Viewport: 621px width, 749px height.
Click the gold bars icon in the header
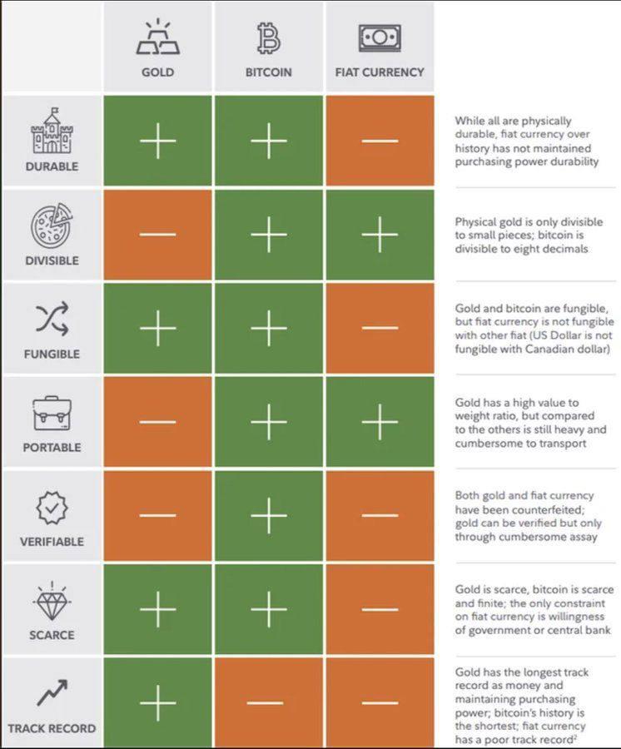(x=157, y=38)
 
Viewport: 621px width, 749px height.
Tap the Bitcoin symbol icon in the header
(x=268, y=38)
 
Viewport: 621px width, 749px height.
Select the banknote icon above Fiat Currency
(x=380, y=37)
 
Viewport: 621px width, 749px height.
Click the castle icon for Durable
(x=52, y=131)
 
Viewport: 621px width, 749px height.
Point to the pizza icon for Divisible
(x=52, y=226)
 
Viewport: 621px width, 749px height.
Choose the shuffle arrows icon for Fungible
(x=52, y=320)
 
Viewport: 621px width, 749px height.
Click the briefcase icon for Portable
(x=52, y=413)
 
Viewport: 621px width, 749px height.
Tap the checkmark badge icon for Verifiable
(x=52, y=507)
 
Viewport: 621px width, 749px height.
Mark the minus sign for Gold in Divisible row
(x=157, y=235)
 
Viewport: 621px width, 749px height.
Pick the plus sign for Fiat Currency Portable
(x=380, y=423)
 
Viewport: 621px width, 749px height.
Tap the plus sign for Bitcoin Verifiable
(x=268, y=516)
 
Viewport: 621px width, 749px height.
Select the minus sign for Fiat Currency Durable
(x=380, y=141)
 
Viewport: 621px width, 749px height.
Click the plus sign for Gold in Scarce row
(x=157, y=610)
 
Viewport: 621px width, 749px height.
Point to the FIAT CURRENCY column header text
(x=380, y=72)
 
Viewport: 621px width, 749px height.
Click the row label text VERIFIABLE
(x=52, y=542)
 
